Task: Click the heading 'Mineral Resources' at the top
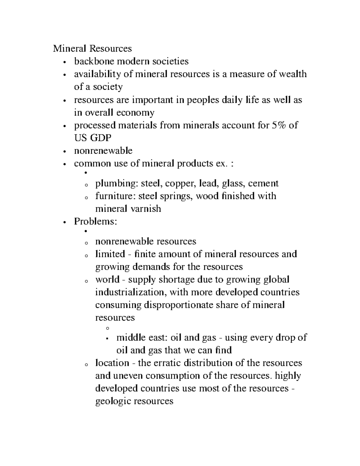coord(92,48)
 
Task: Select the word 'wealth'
coord(293,74)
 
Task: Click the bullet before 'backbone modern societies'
coord(64,62)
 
